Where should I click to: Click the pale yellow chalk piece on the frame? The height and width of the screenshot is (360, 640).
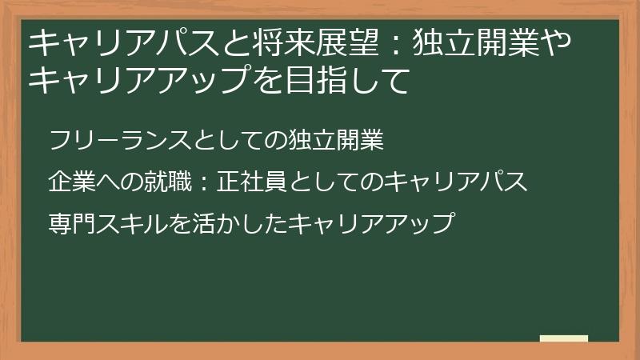tap(563, 338)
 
